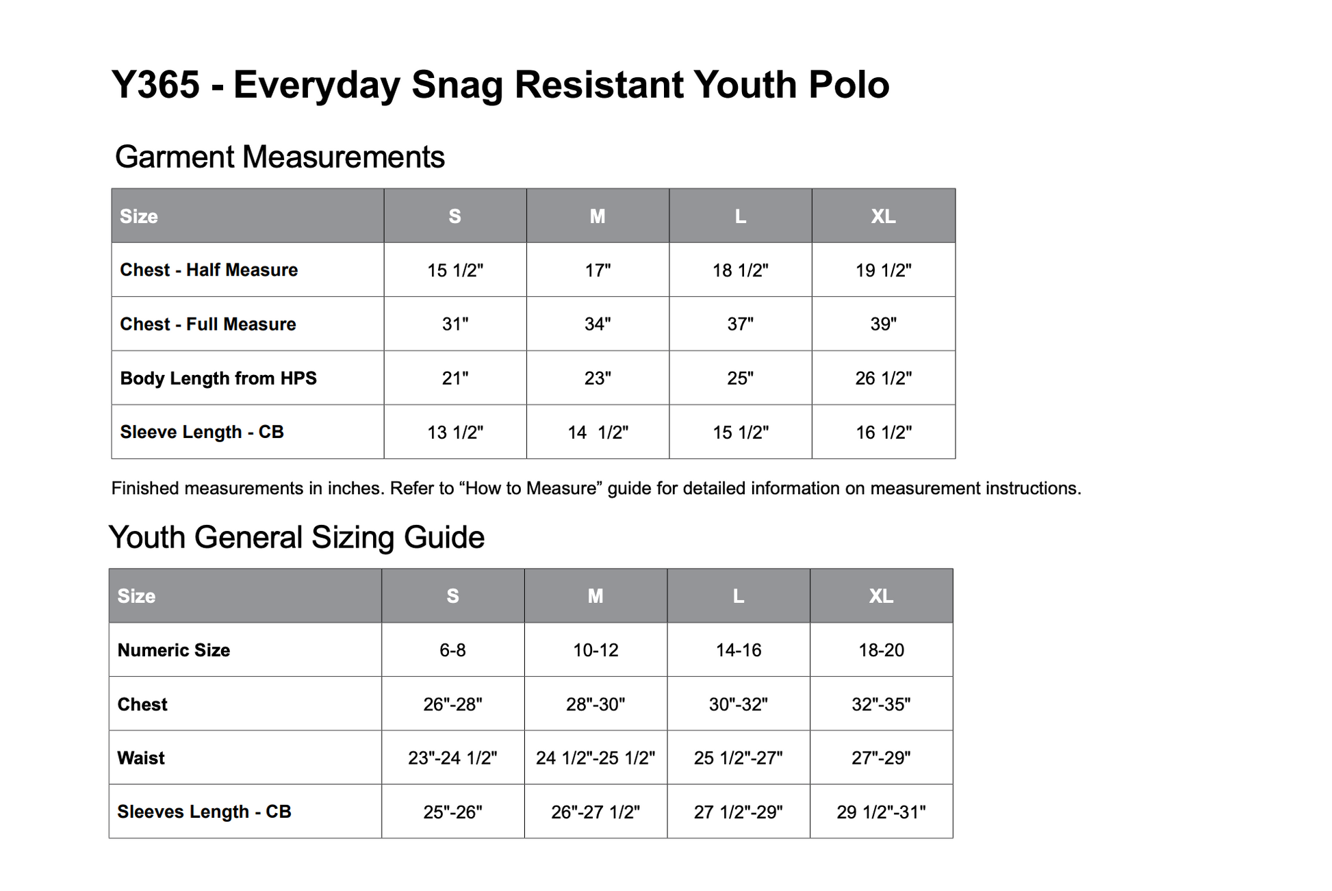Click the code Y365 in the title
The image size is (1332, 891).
pyautogui.click(x=155, y=85)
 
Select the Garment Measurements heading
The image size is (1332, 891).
pyautogui.click(x=280, y=157)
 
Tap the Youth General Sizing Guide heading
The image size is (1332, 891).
pyautogui.click(x=296, y=537)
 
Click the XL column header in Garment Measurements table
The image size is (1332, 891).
pyautogui.click(x=883, y=216)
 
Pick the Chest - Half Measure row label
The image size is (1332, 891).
pyautogui.click(x=209, y=270)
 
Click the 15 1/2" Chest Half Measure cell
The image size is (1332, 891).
pyautogui.click(x=455, y=270)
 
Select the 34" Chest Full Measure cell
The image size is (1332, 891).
pyautogui.click(x=598, y=324)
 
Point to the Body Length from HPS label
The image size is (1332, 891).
pyautogui.click(x=218, y=378)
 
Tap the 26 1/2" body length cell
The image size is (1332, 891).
pyautogui.click(x=884, y=378)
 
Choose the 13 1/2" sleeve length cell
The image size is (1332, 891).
pyautogui.click(x=455, y=432)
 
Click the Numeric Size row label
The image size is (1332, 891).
pyautogui.click(x=174, y=650)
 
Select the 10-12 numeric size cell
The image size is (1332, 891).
pyautogui.click(x=595, y=650)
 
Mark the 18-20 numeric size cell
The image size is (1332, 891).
pyautogui.click(x=882, y=650)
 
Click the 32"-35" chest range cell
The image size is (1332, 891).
pyautogui.click(x=882, y=704)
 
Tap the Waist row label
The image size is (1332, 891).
pyautogui.click(x=141, y=758)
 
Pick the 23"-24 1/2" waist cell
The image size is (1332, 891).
pyautogui.click(x=452, y=758)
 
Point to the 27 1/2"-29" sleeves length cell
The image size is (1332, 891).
pyautogui.click(x=739, y=812)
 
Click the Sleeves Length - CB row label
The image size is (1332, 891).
pyautogui.click(x=204, y=812)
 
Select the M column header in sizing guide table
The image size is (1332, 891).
pyautogui.click(x=595, y=596)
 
